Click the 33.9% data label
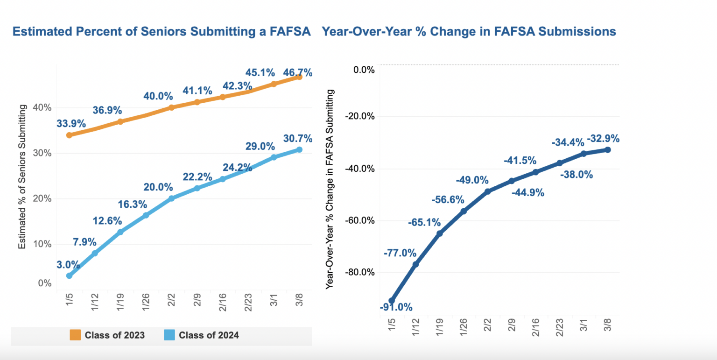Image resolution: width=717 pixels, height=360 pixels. tap(71, 124)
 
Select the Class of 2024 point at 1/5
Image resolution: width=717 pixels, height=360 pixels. tap(69, 275)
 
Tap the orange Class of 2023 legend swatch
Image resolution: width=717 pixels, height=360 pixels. tap(75, 335)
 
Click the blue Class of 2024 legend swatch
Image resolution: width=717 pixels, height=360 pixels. tap(169, 335)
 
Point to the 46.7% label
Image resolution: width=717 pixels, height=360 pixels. tap(297, 73)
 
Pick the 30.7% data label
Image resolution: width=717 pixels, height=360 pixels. tap(297, 139)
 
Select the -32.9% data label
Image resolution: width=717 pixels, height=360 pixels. tap(604, 138)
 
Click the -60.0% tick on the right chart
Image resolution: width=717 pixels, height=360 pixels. tap(359, 220)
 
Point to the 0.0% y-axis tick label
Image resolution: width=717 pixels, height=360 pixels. tap(363, 70)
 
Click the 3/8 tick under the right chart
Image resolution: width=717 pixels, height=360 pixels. tap(607, 322)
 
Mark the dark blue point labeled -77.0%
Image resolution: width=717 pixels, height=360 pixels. tap(415, 264)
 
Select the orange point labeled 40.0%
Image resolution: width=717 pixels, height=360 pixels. tap(171, 107)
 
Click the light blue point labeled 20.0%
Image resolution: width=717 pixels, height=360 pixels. tap(171, 198)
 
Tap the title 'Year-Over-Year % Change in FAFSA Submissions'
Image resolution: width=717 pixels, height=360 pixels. tap(469, 31)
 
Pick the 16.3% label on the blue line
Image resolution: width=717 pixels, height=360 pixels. tap(132, 204)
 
